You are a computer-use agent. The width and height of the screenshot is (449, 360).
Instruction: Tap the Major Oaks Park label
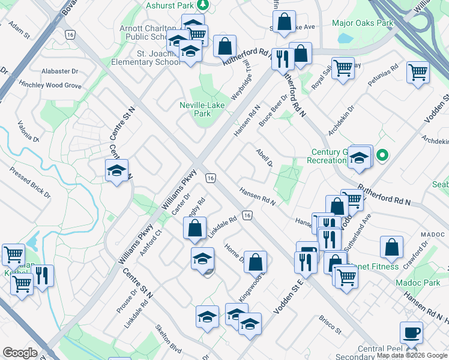coord(363,23)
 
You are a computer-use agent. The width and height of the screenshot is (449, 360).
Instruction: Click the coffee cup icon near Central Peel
coord(411,332)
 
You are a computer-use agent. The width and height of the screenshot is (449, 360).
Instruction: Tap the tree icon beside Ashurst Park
coord(203,5)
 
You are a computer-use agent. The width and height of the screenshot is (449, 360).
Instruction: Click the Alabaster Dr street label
coord(60,71)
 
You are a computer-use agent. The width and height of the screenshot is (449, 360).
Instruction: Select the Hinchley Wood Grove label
coord(50,86)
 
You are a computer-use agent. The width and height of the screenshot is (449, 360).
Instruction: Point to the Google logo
coord(20,353)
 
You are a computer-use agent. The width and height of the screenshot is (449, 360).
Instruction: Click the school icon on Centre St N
coord(117,170)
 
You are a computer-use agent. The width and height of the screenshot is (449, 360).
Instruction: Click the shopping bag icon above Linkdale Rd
coord(195,227)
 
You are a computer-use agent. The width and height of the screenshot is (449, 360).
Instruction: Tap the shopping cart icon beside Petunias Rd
coord(418,73)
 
